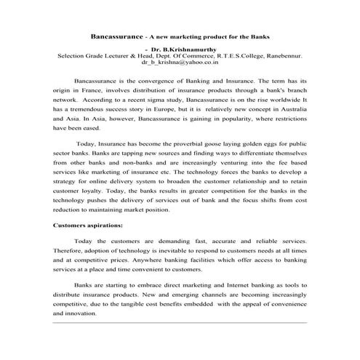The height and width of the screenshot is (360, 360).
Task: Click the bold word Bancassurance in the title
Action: (x=119, y=35)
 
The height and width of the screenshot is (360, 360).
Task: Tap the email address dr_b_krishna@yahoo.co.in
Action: (x=179, y=62)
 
